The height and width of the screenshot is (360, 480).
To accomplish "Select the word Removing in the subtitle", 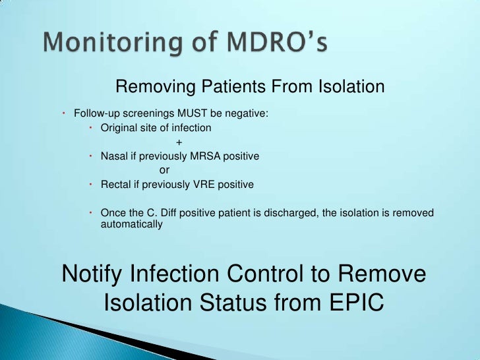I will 149,87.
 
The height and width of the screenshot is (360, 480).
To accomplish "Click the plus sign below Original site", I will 179,142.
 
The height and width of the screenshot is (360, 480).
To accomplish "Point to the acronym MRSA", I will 204,156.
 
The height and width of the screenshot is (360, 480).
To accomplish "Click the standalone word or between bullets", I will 165,170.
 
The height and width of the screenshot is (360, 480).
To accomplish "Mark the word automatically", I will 131,224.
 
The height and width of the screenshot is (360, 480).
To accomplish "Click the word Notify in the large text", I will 95,274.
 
